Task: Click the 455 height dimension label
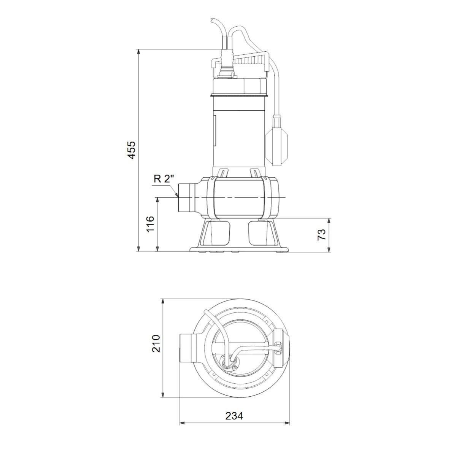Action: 131,150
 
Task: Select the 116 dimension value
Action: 150,224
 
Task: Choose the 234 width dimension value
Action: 234,416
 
